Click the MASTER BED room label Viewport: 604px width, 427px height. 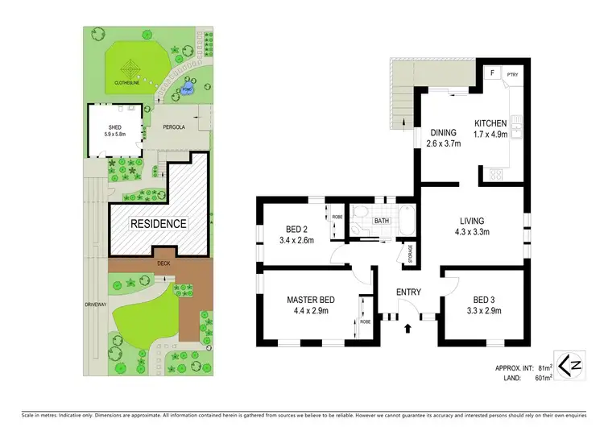[310, 301]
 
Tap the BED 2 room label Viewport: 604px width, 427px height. [294, 228]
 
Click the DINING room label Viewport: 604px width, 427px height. [443, 133]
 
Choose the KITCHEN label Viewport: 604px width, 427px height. [490, 122]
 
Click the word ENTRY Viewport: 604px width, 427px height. [410, 292]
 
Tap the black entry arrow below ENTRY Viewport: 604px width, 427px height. [408, 328]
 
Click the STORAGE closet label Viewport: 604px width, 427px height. [410, 254]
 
